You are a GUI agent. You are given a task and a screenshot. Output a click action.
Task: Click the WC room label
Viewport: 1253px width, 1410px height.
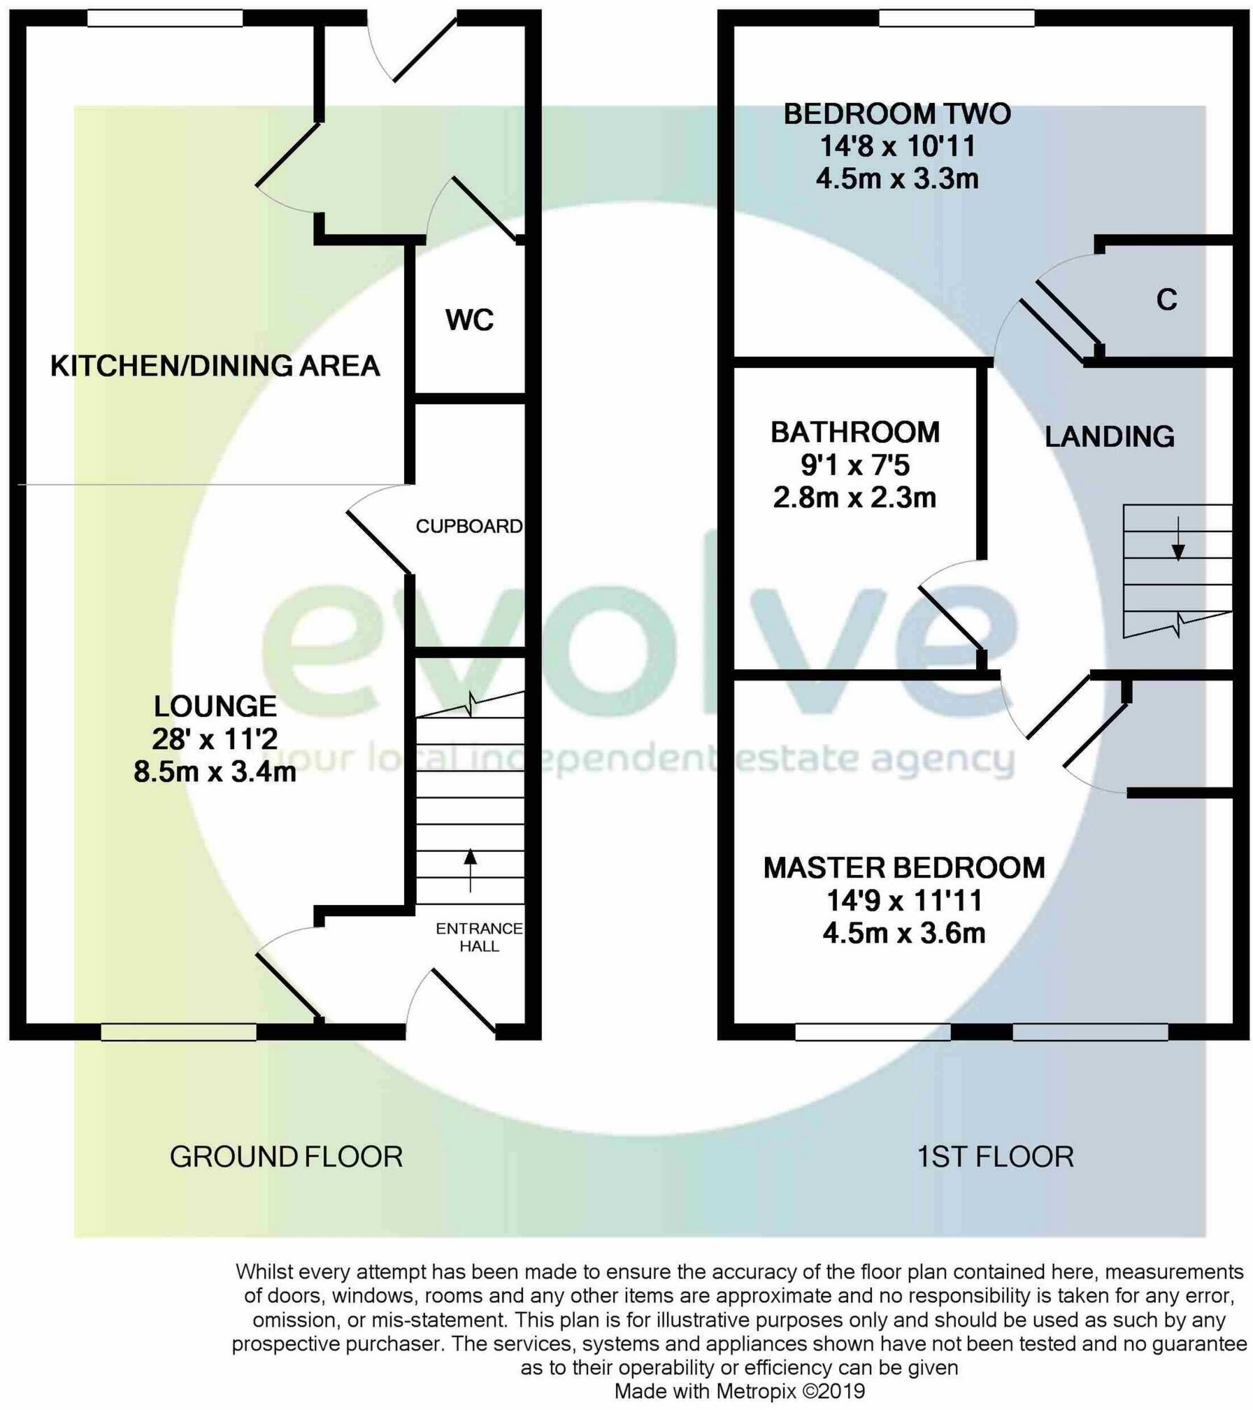click(x=469, y=320)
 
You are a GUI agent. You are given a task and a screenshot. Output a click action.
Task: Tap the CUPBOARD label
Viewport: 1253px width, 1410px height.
click(x=469, y=526)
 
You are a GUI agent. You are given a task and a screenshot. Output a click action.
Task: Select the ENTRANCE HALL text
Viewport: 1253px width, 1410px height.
click(x=479, y=937)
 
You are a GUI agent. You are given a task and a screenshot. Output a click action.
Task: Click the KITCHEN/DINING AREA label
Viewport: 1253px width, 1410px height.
click(x=215, y=366)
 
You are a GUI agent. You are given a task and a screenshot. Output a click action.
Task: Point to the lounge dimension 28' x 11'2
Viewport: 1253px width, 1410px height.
click(x=215, y=739)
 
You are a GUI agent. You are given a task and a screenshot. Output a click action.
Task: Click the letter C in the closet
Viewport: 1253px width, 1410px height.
click(x=1166, y=299)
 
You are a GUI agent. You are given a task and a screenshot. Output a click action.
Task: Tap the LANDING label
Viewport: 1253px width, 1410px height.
click(x=1110, y=436)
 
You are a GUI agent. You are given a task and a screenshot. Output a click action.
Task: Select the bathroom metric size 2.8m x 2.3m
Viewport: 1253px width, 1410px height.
click(x=854, y=497)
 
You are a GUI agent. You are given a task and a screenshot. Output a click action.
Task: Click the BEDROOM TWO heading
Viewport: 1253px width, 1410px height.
click(x=897, y=114)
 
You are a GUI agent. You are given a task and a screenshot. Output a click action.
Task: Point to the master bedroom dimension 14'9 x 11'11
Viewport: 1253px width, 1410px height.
click(x=904, y=901)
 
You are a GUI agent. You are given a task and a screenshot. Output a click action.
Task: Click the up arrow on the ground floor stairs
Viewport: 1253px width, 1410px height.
click(x=470, y=869)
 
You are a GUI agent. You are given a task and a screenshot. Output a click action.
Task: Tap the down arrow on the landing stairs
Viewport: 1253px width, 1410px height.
click(x=1178, y=539)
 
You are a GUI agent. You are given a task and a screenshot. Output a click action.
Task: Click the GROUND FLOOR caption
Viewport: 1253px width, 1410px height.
click(x=286, y=1157)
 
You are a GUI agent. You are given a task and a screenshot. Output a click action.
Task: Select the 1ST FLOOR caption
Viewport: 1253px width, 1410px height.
click(x=995, y=1157)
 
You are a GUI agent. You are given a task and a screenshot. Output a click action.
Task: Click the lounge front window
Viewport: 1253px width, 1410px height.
click(x=178, y=1032)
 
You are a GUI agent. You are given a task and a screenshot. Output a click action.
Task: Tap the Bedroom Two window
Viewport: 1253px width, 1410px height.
click(x=957, y=18)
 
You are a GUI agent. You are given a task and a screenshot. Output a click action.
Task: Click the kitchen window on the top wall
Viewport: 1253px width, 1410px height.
click(x=165, y=18)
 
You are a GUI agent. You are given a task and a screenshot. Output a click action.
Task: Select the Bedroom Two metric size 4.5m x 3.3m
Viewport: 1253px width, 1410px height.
click(x=897, y=179)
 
